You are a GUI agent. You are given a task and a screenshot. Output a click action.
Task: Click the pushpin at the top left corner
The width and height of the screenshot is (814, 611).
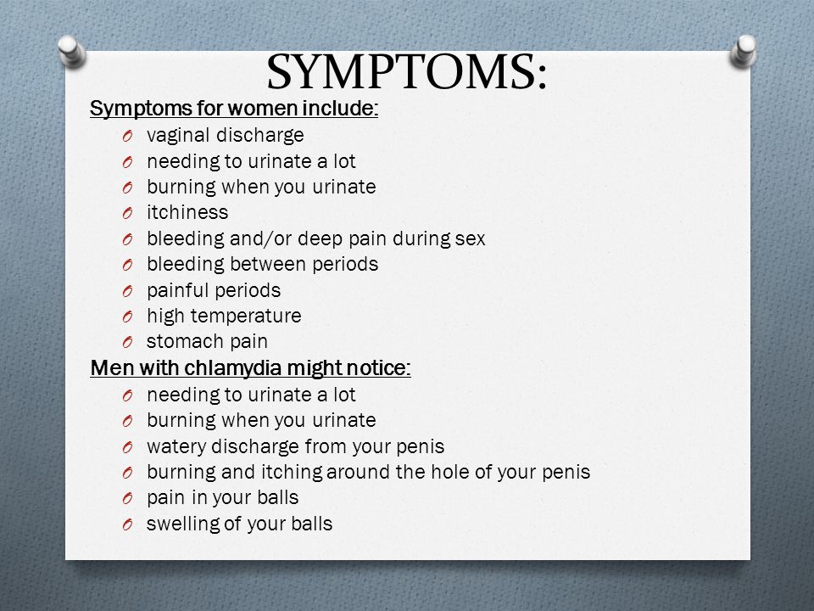pos(71,52)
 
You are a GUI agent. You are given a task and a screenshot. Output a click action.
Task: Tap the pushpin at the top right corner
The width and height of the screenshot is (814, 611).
pos(743,52)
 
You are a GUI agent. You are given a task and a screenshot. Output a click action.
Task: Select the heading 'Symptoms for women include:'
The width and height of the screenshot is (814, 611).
pos(234,108)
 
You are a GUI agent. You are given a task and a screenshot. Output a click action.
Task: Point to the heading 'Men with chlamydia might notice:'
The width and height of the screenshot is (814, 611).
pos(250,367)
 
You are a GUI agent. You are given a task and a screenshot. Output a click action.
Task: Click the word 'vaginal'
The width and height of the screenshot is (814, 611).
pos(178,135)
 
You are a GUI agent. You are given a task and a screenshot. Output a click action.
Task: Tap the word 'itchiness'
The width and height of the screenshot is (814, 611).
pos(187,212)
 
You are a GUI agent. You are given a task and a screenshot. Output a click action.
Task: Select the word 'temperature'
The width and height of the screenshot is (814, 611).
pos(246,316)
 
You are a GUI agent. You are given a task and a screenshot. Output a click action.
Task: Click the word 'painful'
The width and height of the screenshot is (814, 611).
pos(178,290)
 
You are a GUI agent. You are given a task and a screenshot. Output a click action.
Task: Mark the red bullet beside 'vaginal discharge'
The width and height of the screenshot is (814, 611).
pos(128,137)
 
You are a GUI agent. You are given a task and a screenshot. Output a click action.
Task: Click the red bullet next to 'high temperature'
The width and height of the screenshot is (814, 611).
pos(128,317)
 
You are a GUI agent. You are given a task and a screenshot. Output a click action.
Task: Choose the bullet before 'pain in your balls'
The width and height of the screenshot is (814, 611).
pos(128,499)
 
